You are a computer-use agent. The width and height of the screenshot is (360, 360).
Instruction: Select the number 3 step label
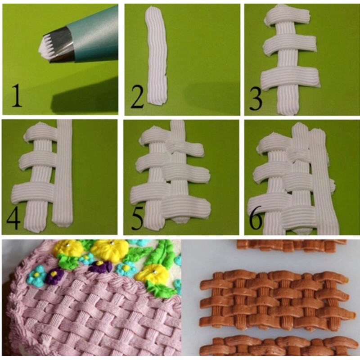click(x=256, y=99)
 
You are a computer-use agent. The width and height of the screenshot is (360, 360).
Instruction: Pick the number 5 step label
click(x=138, y=218)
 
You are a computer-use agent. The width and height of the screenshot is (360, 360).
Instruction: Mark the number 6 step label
click(x=256, y=218)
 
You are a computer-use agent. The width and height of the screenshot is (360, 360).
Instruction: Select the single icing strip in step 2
click(x=156, y=55)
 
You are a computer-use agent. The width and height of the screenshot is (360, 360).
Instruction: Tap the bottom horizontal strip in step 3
click(x=290, y=78)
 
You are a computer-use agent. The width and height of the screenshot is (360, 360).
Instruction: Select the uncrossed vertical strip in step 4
click(x=63, y=172)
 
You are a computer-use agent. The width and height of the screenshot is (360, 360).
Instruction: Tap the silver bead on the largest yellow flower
click(x=112, y=243)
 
